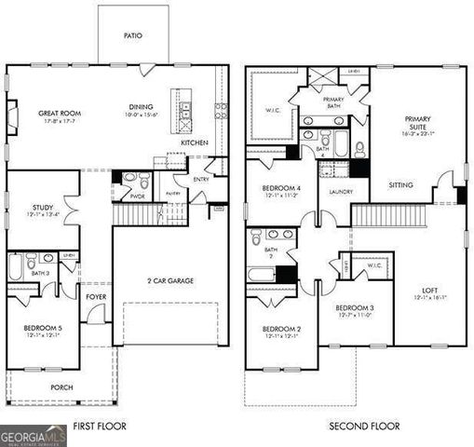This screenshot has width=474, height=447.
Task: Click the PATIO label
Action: (133, 36)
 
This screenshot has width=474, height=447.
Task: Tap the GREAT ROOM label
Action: (57, 114)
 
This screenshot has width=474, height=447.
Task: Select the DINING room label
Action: (142, 107)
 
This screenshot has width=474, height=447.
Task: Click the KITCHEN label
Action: (194, 142)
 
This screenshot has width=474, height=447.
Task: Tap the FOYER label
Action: (97, 297)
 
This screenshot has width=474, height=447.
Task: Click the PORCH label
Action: (62, 386)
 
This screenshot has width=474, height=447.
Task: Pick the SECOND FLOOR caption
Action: (365, 426)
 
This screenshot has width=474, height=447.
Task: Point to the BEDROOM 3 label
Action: (355, 307)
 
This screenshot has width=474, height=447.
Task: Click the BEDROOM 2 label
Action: (280, 329)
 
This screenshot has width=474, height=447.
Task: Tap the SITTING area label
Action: (401, 184)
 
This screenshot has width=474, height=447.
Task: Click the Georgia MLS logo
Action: (34, 435)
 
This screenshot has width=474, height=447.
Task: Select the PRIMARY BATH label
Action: (333, 101)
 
